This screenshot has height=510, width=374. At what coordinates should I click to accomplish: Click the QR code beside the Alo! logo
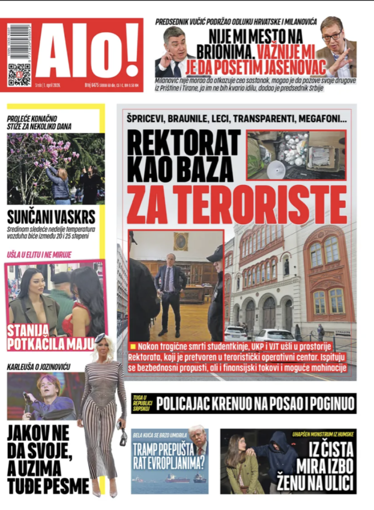pos(19,74)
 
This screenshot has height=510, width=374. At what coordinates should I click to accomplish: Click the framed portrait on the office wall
pos(181,241)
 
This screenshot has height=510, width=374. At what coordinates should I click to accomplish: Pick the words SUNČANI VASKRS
pos(51,217)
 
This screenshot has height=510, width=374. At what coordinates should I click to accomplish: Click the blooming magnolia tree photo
pos(55,168)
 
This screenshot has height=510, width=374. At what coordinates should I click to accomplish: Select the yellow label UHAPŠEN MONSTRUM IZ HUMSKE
pos(323,434)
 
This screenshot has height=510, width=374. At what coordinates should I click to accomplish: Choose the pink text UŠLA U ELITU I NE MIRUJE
pos(39,254)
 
